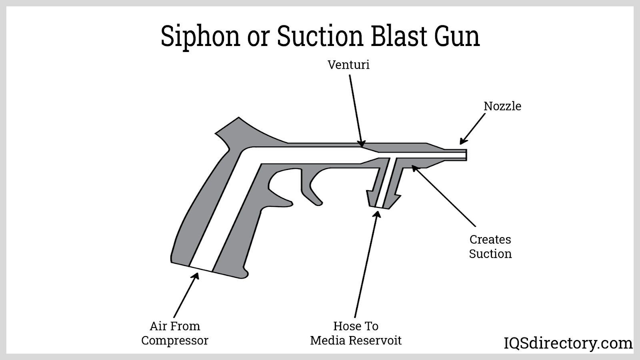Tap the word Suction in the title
(x=320, y=36)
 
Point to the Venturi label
(x=348, y=65)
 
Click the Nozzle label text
(x=502, y=106)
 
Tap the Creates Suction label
(x=490, y=246)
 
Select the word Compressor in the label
(x=175, y=341)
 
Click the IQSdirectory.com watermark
(x=568, y=343)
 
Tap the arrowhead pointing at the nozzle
(x=463, y=141)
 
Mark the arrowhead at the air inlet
(x=196, y=276)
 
